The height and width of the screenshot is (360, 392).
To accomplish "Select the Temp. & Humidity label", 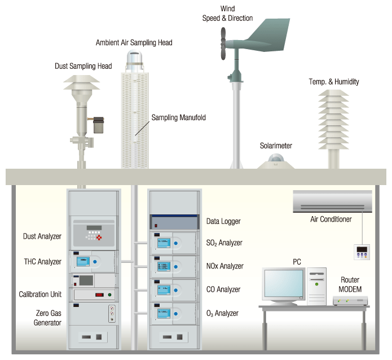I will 333,82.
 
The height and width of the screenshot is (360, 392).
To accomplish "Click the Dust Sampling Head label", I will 83,66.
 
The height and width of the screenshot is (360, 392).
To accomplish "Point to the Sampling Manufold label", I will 178,118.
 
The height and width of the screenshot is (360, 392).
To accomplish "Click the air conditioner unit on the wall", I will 333,201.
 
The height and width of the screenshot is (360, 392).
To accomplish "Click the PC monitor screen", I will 284,285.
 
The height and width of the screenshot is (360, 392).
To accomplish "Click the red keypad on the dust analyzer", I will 102,238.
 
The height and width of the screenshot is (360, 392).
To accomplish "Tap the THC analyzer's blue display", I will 83,261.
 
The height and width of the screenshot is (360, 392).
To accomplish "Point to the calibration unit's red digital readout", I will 99,295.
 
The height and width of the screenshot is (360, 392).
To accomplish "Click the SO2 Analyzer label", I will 224,243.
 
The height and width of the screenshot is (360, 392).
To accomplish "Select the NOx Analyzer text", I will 224,266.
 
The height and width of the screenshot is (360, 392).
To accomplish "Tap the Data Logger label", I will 222,222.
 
